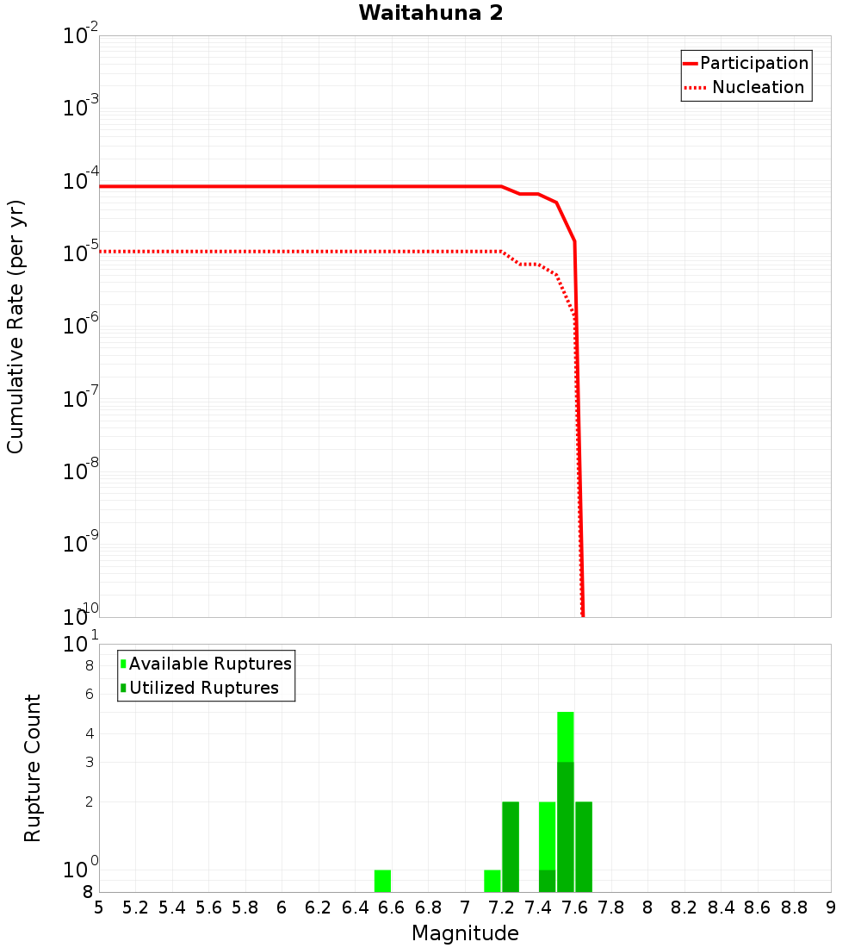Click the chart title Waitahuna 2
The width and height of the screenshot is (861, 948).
[430, 13]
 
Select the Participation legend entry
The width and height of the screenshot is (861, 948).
[753, 63]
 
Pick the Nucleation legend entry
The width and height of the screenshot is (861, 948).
[758, 87]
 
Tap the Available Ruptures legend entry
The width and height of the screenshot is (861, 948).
[210, 664]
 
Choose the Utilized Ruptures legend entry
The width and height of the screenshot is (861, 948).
[203, 688]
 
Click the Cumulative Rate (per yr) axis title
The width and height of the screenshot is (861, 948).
[15, 327]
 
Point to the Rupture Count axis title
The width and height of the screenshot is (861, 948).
[33, 768]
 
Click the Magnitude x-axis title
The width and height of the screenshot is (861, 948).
[465, 933]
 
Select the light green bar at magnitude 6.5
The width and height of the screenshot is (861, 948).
[382, 881]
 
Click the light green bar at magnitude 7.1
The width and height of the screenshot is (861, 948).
[492, 881]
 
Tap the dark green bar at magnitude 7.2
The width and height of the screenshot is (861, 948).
[511, 847]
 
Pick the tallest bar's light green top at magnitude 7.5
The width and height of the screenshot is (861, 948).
[566, 736]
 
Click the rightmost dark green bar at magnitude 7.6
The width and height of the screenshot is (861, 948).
[584, 847]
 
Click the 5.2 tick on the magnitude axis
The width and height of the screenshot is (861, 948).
[135, 907]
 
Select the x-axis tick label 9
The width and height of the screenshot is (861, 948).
[831, 907]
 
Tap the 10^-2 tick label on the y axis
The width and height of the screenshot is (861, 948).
[81, 36]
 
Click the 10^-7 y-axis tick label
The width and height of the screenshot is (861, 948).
[81, 399]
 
